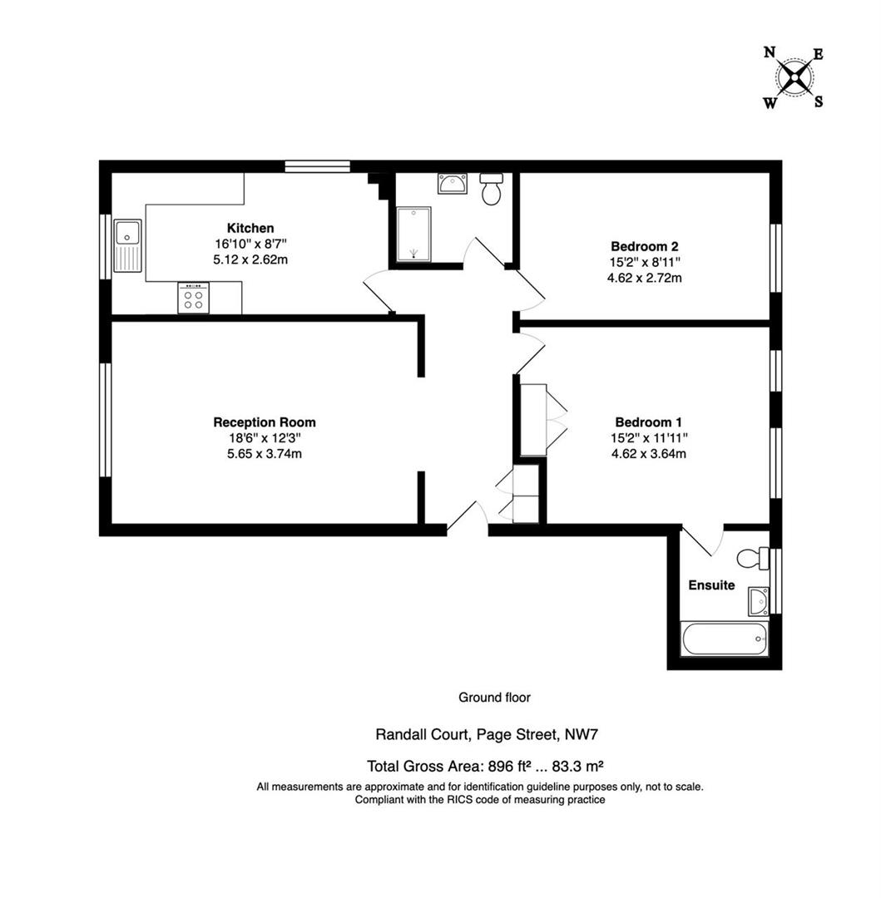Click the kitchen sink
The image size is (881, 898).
(x=128, y=245)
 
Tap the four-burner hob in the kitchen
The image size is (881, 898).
(x=193, y=299)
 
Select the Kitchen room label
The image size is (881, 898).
(x=250, y=228)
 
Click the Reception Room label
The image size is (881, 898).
(x=265, y=422)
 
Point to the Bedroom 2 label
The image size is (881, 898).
(x=645, y=246)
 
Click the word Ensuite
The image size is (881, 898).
(x=711, y=585)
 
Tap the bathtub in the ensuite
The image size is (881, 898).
(x=725, y=639)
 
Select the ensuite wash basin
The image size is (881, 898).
(x=759, y=598)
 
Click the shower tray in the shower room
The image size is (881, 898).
(x=413, y=234)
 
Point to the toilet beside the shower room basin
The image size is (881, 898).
(x=491, y=190)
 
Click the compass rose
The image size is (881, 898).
(x=794, y=78)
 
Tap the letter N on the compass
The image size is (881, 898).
(x=770, y=52)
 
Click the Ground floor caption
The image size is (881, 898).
(x=494, y=698)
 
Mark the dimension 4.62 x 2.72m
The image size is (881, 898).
(x=645, y=278)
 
